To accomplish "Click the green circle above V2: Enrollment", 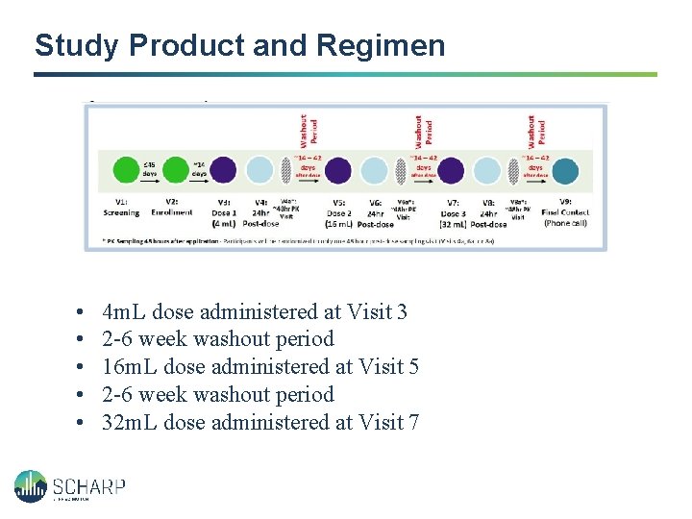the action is tap(175, 170).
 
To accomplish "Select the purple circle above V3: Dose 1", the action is tap(224, 170).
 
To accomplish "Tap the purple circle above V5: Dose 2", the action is tap(337, 170).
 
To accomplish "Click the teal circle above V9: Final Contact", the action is tap(566, 170).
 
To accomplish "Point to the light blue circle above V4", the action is tap(259, 170).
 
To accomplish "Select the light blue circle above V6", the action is tap(373, 170).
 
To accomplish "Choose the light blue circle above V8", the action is tap(487, 170).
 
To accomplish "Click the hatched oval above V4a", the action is tap(285, 170).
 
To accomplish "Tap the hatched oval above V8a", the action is tap(514, 170).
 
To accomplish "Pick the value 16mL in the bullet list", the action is tap(130, 366).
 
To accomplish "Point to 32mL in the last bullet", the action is tap(130, 421).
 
